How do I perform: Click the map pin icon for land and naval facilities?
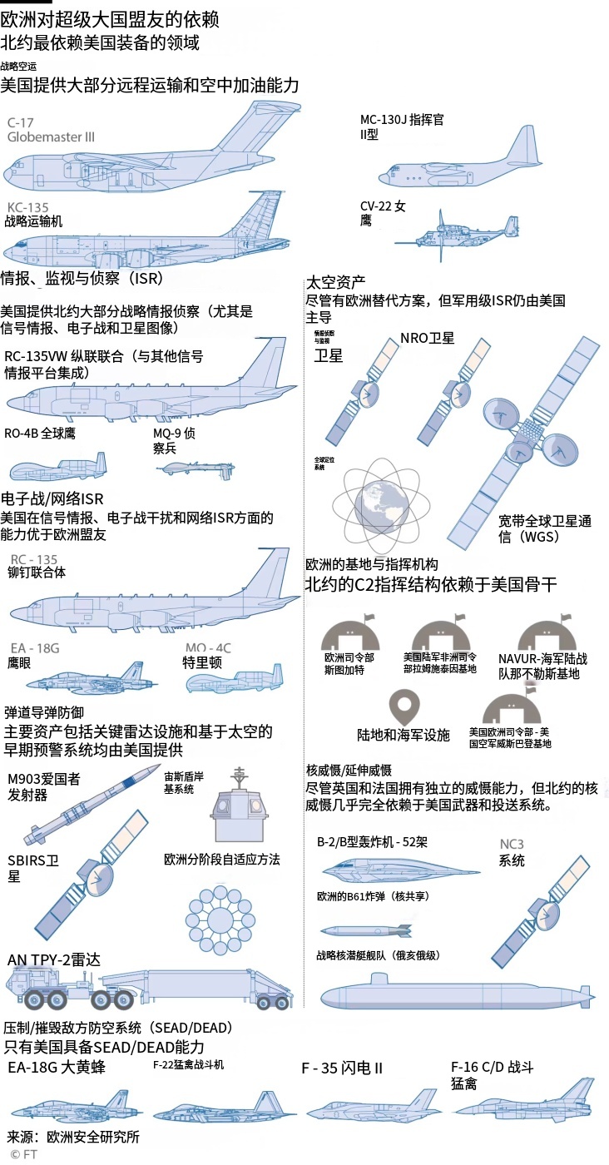[x=404, y=707]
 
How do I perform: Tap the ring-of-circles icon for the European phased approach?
[x=220, y=920]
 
